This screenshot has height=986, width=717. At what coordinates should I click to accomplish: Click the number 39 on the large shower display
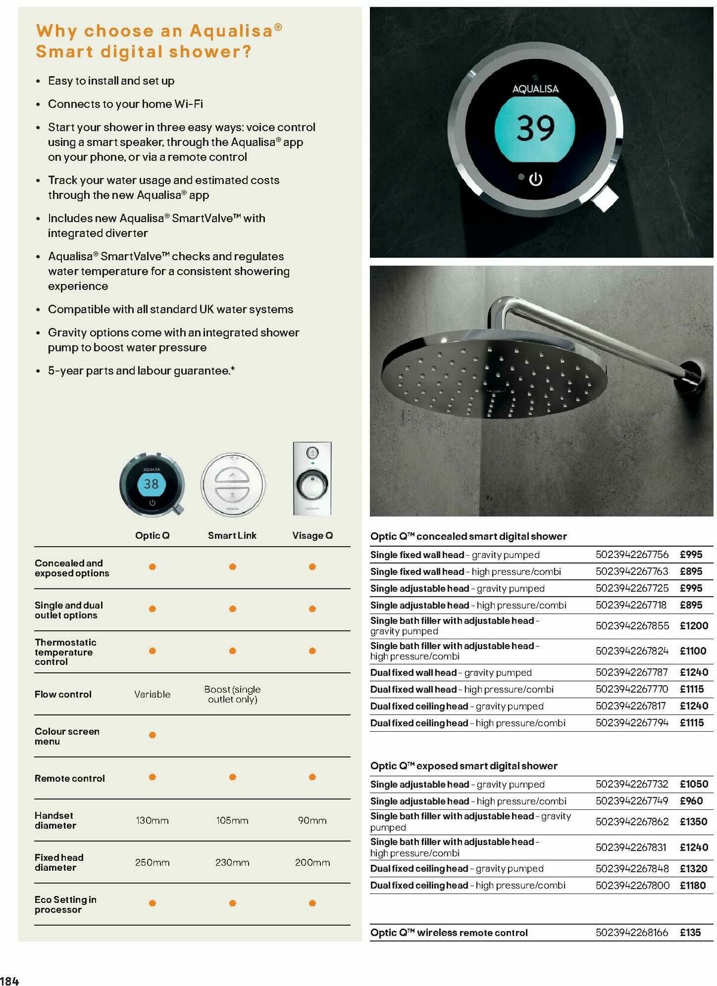pyautogui.click(x=535, y=128)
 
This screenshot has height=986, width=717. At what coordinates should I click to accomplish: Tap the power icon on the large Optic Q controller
pyautogui.click(x=535, y=179)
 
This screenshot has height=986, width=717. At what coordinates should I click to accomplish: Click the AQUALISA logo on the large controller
pyautogui.click(x=535, y=89)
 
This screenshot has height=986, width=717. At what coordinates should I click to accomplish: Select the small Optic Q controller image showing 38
pyautogui.click(x=152, y=485)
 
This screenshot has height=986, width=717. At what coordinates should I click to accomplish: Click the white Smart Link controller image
pyautogui.click(x=232, y=484)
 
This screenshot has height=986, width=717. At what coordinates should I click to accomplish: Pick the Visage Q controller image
pyautogui.click(x=312, y=479)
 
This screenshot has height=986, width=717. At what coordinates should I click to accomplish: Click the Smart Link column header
pyautogui.click(x=232, y=535)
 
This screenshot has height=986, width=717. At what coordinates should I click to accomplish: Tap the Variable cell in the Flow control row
pyautogui.click(x=152, y=694)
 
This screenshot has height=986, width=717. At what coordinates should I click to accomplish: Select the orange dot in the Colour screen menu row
pyautogui.click(x=152, y=735)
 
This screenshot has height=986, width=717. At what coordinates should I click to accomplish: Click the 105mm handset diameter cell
pyautogui.click(x=232, y=821)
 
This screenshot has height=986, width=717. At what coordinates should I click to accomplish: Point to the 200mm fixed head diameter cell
pyautogui.click(x=312, y=862)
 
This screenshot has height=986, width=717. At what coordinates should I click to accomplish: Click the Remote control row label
pyautogui.click(x=69, y=778)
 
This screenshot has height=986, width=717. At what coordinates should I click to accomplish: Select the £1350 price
pyautogui.click(x=694, y=821)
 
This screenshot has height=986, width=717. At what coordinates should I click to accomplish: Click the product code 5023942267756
pyautogui.click(x=632, y=554)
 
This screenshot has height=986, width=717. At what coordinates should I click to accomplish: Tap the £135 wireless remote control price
pyautogui.click(x=690, y=932)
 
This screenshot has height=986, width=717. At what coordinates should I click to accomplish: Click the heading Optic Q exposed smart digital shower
pyautogui.click(x=464, y=766)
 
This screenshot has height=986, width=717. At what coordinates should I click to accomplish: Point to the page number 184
pyautogui.click(x=10, y=980)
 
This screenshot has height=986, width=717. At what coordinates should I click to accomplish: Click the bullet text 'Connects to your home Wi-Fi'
pyautogui.click(x=125, y=104)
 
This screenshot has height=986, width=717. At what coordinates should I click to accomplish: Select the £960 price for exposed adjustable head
pyautogui.click(x=691, y=801)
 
